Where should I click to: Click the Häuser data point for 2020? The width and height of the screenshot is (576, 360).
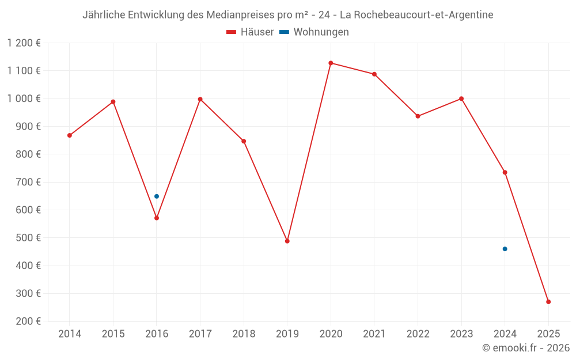331,63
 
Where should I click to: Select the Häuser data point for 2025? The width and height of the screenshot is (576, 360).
548,302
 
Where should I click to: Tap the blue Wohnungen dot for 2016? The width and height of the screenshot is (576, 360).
157,196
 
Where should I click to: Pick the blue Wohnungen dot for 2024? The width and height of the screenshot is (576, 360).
505,249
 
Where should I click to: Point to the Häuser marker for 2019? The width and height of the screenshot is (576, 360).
287,241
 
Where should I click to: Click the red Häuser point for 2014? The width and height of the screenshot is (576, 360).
70,135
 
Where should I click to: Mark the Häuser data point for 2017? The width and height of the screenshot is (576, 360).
200,99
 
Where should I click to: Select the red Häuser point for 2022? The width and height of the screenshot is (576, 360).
418,116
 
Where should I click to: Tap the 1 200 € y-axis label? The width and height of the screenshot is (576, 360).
24,43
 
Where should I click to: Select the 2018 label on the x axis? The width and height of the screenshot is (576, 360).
244,334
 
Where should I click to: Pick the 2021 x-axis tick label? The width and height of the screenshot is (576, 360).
374,334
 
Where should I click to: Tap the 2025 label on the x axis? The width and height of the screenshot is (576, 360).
548,334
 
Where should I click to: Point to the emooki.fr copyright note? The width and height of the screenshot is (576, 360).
525,348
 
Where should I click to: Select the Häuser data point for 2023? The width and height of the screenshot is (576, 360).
461,98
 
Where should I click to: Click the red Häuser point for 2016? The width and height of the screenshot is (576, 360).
157,218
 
